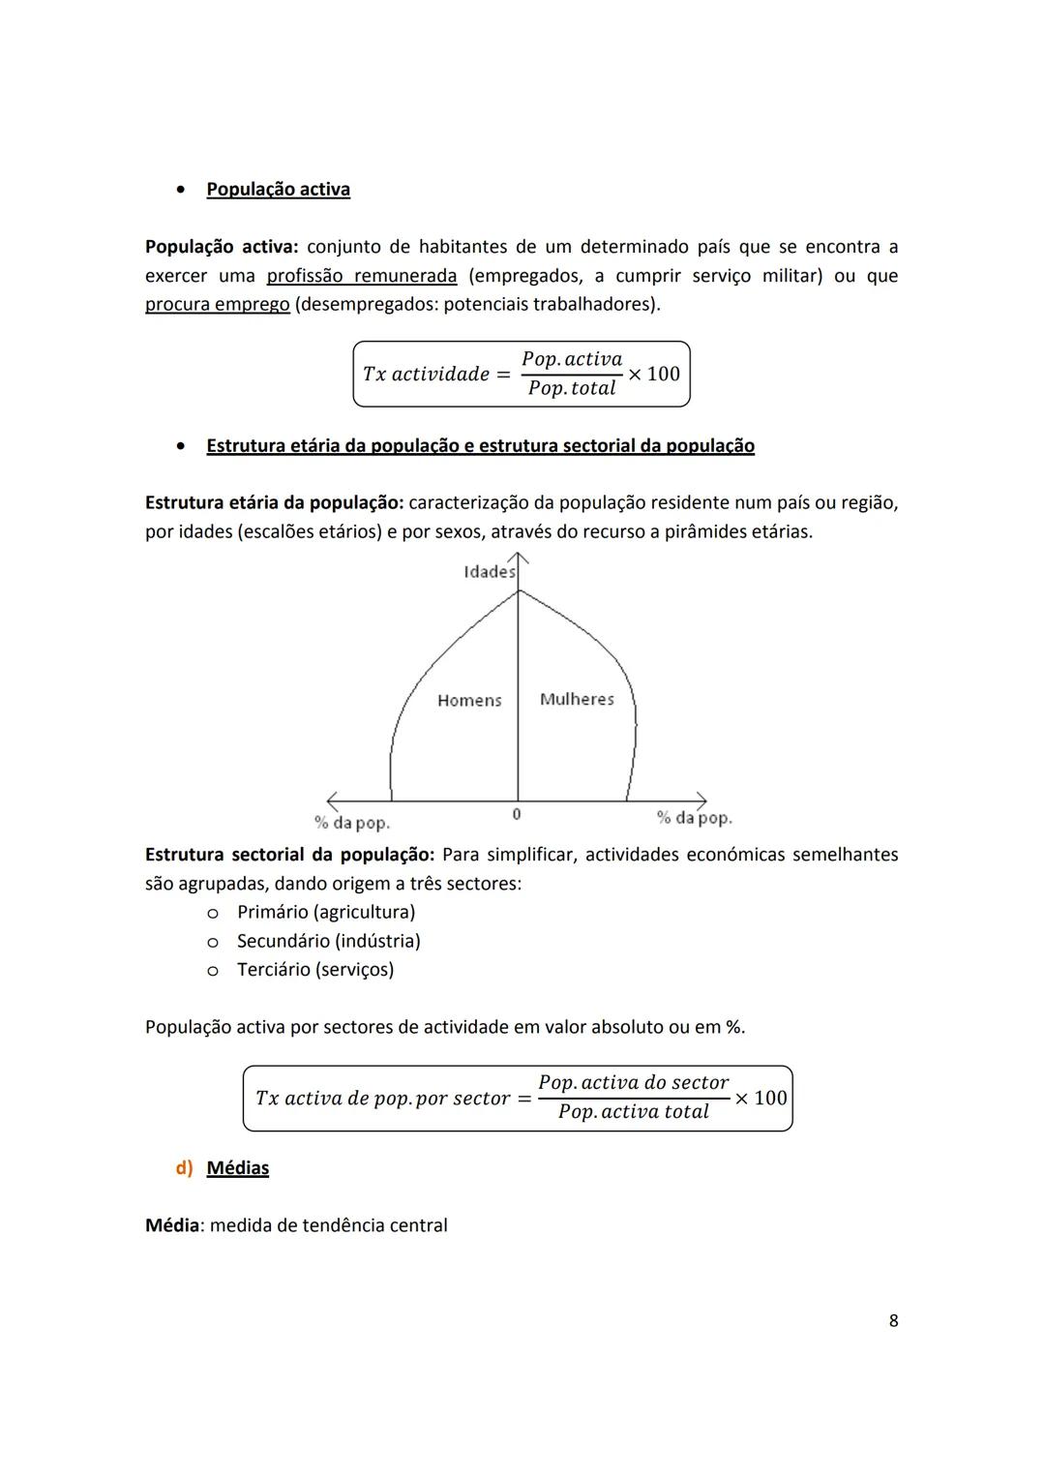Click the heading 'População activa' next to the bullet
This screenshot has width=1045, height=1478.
(x=278, y=190)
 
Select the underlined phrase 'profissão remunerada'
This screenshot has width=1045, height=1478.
(x=361, y=276)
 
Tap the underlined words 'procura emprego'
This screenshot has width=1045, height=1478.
(x=217, y=305)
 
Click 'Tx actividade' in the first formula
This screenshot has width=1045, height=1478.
(x=426, y=375)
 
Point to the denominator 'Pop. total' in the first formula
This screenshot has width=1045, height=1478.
(x=572, y=388)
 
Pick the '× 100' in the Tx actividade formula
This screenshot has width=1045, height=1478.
(x=654, y=374)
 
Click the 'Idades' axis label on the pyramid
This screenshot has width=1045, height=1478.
(x=489, y=572)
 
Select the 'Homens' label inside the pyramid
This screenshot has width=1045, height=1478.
(x=469, y=700)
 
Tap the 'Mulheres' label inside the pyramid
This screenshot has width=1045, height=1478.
(x=577, y=699)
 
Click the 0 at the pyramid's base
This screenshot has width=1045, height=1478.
(x=517, y=814)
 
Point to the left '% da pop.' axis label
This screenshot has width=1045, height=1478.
(x=352, y=823)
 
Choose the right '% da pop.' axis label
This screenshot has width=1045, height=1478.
(x=694, y=818)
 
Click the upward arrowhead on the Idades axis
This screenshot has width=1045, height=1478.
(x=519, y=558)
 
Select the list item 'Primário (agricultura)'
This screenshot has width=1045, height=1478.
(x=325, y=913)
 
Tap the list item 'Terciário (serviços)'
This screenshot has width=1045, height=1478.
(x=314, y=970)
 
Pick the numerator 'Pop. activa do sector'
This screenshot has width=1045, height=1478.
(x=633, y=1083)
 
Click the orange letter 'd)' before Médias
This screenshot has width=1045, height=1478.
(x=184, y=1168)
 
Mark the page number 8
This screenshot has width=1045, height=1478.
(x=893, y=1321)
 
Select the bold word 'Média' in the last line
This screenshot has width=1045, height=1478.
(x=171, y=1226)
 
